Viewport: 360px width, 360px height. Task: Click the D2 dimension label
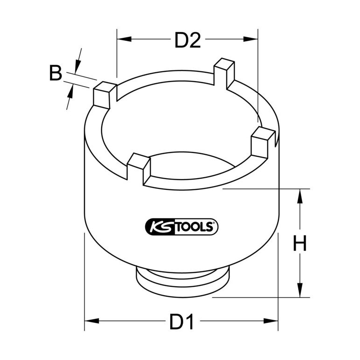[x=187, y=40]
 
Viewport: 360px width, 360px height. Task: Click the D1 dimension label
[x=181, y=321]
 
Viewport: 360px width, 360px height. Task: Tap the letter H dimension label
[x=300, y=243]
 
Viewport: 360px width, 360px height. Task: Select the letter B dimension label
[x=56, y=73]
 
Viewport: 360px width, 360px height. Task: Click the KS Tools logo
[x=181, y=227]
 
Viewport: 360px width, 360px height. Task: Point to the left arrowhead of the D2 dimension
[x=124, y=39]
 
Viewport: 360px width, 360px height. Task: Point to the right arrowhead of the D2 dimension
[x=251, y=39]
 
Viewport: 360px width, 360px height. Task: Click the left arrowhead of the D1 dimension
[x=92, y=321]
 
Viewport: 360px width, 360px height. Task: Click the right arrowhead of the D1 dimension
[x=271, y=321]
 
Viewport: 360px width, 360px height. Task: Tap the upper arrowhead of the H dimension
[x=299, y=196]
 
